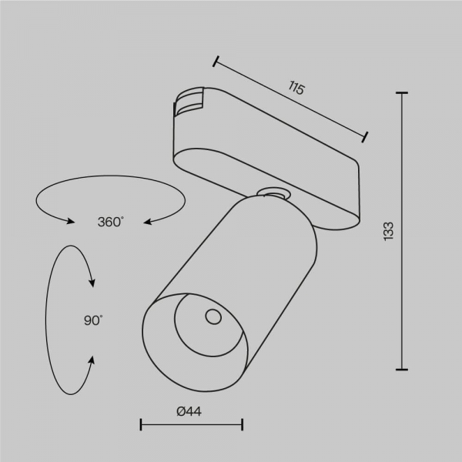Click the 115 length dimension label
coord(296,89)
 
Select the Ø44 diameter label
coord(189,411)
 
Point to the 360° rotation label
coord(110,222)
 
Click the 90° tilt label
coord(93,320)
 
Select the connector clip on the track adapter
coord(188,105)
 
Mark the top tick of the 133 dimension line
coord(401,92)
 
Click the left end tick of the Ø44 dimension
coord(141,423)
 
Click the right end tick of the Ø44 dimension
coord(243,423)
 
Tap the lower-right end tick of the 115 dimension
coord(366,137)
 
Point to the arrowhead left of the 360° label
coord(71,222)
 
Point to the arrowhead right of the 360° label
coord(146,222)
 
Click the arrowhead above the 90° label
coord(92,283)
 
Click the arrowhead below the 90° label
coord(92,359)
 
